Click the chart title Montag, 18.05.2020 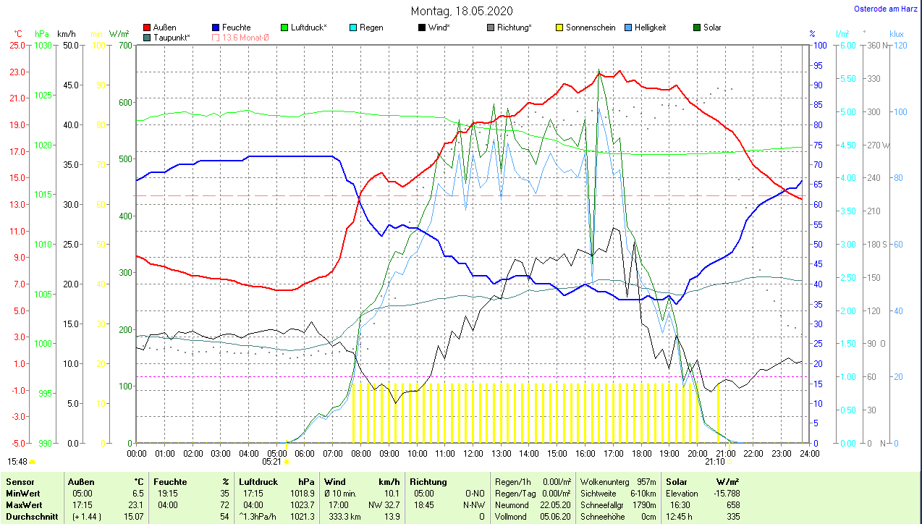click(x=462, y=11)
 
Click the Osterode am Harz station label click(x=886, y=9)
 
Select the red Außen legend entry click(x=164, y=28)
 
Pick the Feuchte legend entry click(x=235, y=28)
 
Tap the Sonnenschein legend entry click(x=590, y=28)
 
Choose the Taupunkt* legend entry click(x=172, y=37)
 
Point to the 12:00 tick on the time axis click(x=473, y=453)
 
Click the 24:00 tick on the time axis click(x=808, y=453)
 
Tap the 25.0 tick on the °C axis click(x=17, y=46)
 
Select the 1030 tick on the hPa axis click(x=43, y=46)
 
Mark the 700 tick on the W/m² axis click(x=125, y=46)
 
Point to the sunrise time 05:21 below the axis click(x=271, y=461)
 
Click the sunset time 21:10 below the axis click(x=714, y=461)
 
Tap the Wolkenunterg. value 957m click(x=647, y=482)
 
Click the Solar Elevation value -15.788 click(x=724, y=494)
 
